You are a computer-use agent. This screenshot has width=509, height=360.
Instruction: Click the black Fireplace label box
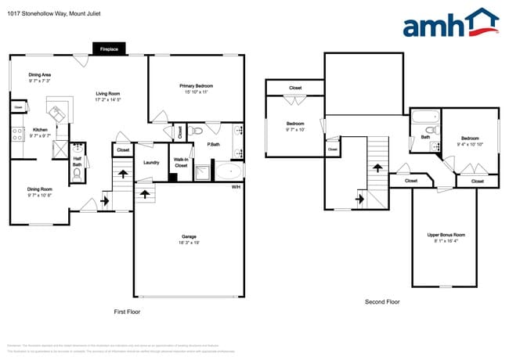tap(109, 49)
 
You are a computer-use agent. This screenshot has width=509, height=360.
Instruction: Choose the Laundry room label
tap(152, 162)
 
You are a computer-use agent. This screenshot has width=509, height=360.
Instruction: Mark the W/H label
tap(236, 187)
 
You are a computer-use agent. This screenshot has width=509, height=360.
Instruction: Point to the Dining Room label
tap(40, 192)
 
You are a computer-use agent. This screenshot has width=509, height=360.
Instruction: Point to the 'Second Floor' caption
tap(382, 302)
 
